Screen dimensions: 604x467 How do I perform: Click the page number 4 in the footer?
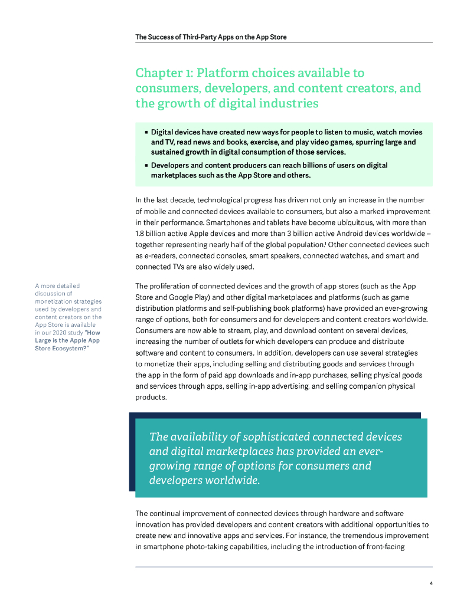(x=431, y=583)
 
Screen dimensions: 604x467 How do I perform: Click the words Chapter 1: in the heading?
(x=164, y=73)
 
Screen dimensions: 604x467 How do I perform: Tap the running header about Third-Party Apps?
(x=211, y=37)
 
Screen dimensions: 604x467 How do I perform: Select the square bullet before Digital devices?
(x=146, y=132)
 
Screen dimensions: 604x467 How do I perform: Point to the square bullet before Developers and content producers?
(x=146, y=166)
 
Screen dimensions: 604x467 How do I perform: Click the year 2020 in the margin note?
(x=61, y=332)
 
